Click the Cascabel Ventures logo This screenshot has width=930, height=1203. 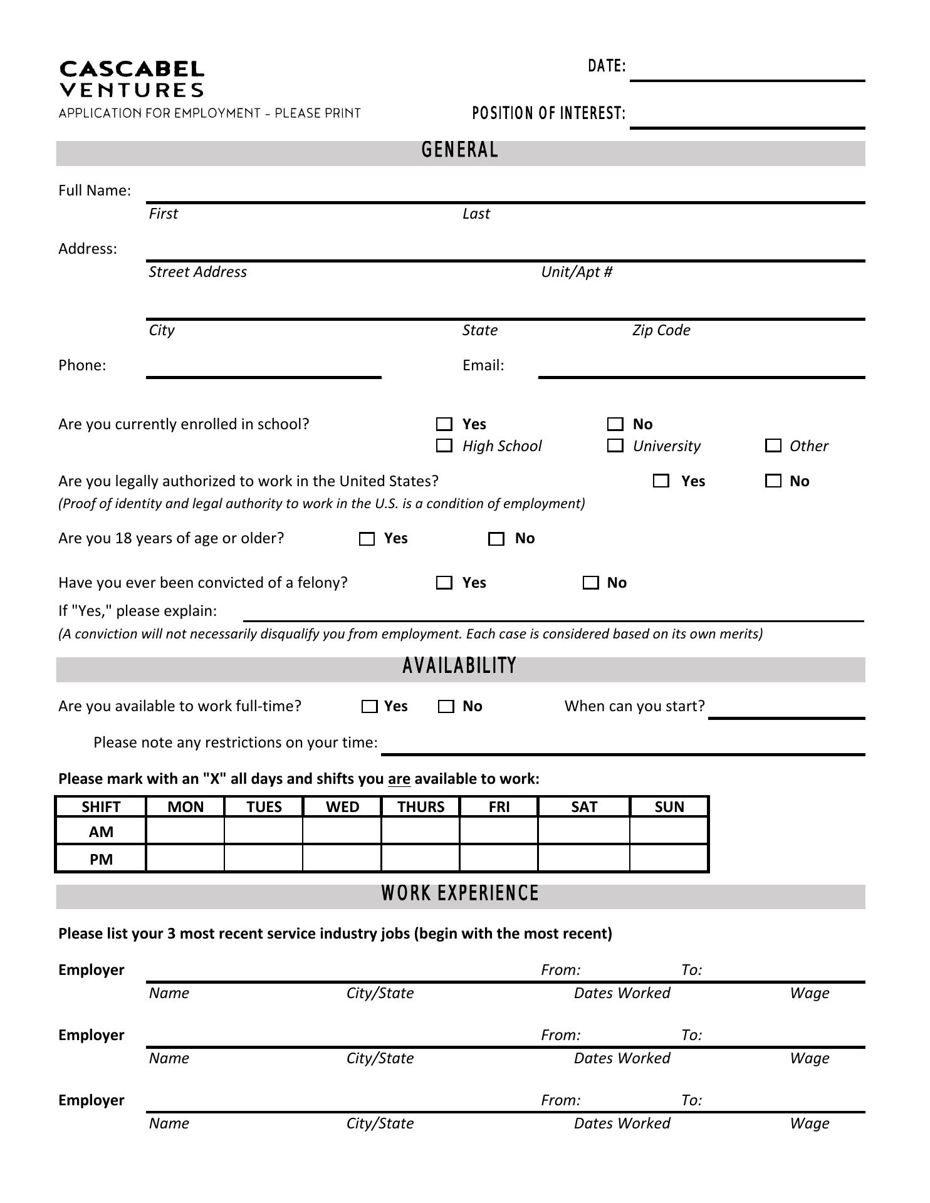132,79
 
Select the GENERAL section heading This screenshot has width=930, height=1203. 460,151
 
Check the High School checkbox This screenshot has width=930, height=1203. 444,446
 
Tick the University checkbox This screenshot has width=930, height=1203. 615,446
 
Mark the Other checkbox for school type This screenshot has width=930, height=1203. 773,446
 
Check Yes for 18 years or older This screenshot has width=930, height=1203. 367,539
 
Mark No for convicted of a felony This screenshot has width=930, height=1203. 591,583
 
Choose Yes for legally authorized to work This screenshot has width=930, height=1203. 661,481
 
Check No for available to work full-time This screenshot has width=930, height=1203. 446,707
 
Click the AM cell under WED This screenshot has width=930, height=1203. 342,832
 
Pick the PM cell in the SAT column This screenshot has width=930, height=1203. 583,859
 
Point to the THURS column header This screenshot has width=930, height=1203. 421,807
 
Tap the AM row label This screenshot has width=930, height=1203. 101,832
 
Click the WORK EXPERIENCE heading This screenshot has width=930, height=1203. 460,894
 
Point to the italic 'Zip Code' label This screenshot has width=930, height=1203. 661,330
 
